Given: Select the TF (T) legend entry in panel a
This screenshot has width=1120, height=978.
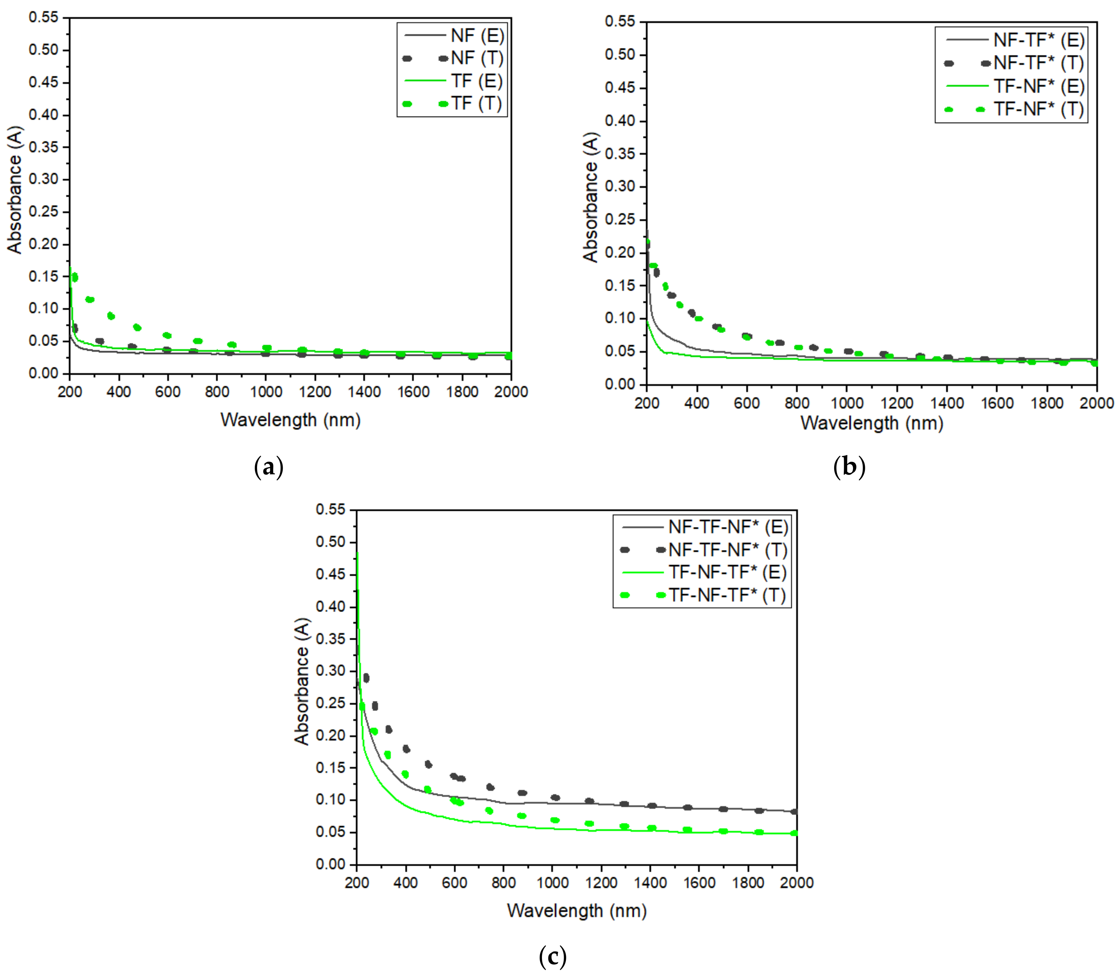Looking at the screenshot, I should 476,104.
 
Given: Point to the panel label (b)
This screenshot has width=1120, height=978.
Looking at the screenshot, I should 849,468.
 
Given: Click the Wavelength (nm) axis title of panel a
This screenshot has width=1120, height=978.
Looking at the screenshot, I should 290,420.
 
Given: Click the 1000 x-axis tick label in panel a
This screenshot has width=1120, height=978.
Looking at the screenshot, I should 266,392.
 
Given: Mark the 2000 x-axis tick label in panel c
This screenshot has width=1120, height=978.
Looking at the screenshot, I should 797,882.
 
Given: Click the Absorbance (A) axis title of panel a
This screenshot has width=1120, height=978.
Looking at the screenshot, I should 15,190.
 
